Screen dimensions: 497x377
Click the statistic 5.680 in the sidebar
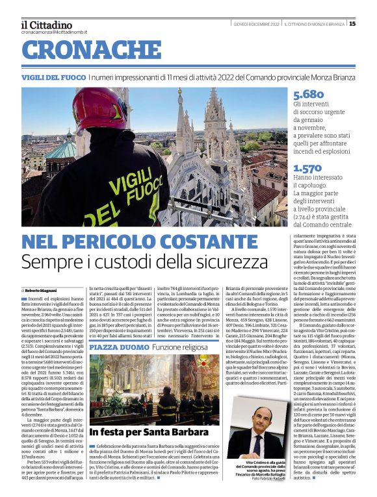tap(308, 95)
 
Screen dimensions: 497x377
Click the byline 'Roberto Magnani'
tap(41, 289)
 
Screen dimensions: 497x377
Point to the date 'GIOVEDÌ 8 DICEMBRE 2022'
tap(256, 24)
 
